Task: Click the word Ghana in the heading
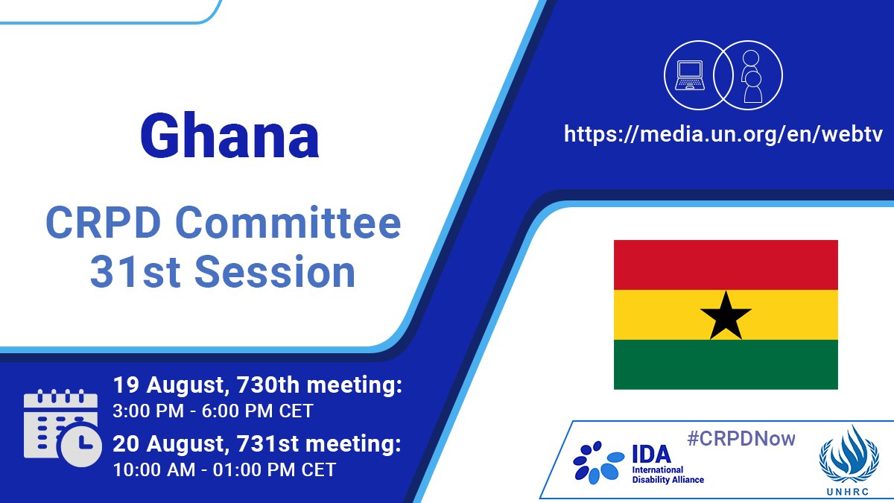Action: (229, 136)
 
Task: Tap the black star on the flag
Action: (726, 314)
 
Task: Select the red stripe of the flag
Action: (726, 265)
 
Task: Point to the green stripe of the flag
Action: (726, 364)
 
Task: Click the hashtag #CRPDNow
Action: (741, 438)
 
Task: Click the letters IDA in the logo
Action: (651, 452)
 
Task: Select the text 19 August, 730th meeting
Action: (258, 386)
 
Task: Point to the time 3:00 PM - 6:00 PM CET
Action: (213, 411)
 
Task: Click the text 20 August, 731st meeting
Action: (258, 445)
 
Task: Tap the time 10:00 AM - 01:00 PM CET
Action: (223, 470)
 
